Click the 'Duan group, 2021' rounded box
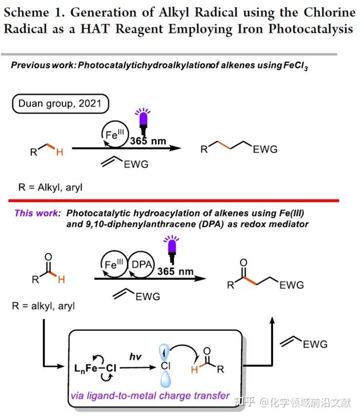(x=60, y=104)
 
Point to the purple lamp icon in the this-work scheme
(x=172, y=249)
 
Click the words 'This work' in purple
(x=37, y=213)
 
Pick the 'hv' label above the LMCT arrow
(x=135, y=357)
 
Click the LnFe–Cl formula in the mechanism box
(x=96, y=368)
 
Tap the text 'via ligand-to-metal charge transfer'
(x=150, y=396)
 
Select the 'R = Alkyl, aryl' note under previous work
(x=50, y=187)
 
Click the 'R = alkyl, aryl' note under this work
(x=43, y=306)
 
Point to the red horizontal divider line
(x=174, y=200)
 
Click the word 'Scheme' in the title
(x=26, y=13)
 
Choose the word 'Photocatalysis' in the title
(x=311, y=29)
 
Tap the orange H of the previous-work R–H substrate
(x=60, y=152)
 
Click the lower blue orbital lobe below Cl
(x=165, y=379)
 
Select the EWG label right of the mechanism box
(x=315, y=344)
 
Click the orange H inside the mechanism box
(x=195, y=370)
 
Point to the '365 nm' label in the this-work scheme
(x=175, y=271)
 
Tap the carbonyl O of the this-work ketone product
(x=243, y=262)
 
